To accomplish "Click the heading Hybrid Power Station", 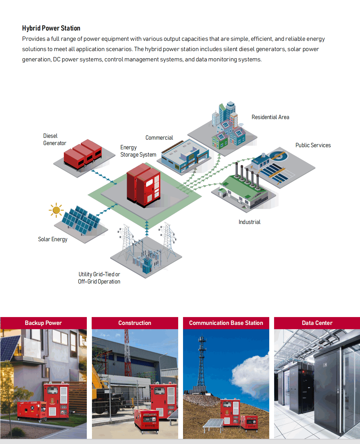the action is pyautogui.click(x=51, y=28).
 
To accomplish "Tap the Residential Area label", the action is pyautogui.click(x=270, y=117).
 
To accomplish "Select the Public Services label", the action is pyautogui.click(x=313, y=145).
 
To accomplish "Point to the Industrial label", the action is pyautogui.click(x=250, y=222).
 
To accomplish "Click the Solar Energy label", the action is pyautogui.click(x=53, y=239).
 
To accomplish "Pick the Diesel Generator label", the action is pyautogui.click(x=55, y=139).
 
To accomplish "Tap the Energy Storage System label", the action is pyautogui.click(x=138, y=151).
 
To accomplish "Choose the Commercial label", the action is pyautogui.click(x=159, y=138).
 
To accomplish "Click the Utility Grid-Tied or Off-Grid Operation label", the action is pyautogui.click(x=99, y=278).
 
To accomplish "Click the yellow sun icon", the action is pyautogui.click(x=56, y=210).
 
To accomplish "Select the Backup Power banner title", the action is pyautogui.click(x=43, y=323).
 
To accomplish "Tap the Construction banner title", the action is pyautogui.click(x=135, y=323).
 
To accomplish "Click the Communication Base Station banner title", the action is pyautogui.click(x=226, y=323).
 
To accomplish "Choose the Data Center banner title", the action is pyautogui.click(x=317, y=323).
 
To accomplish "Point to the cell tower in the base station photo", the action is pyautogui.click(x=201, y=363).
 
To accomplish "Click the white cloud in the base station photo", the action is pyautogui.click(x=250, y=375).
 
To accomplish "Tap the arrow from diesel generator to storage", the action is pyautogui.click(x=104, y=177).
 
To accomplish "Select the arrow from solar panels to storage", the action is pyautogui.click(x=106, y=210).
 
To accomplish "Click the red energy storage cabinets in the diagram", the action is pyautogui.click(x=143, y=185).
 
